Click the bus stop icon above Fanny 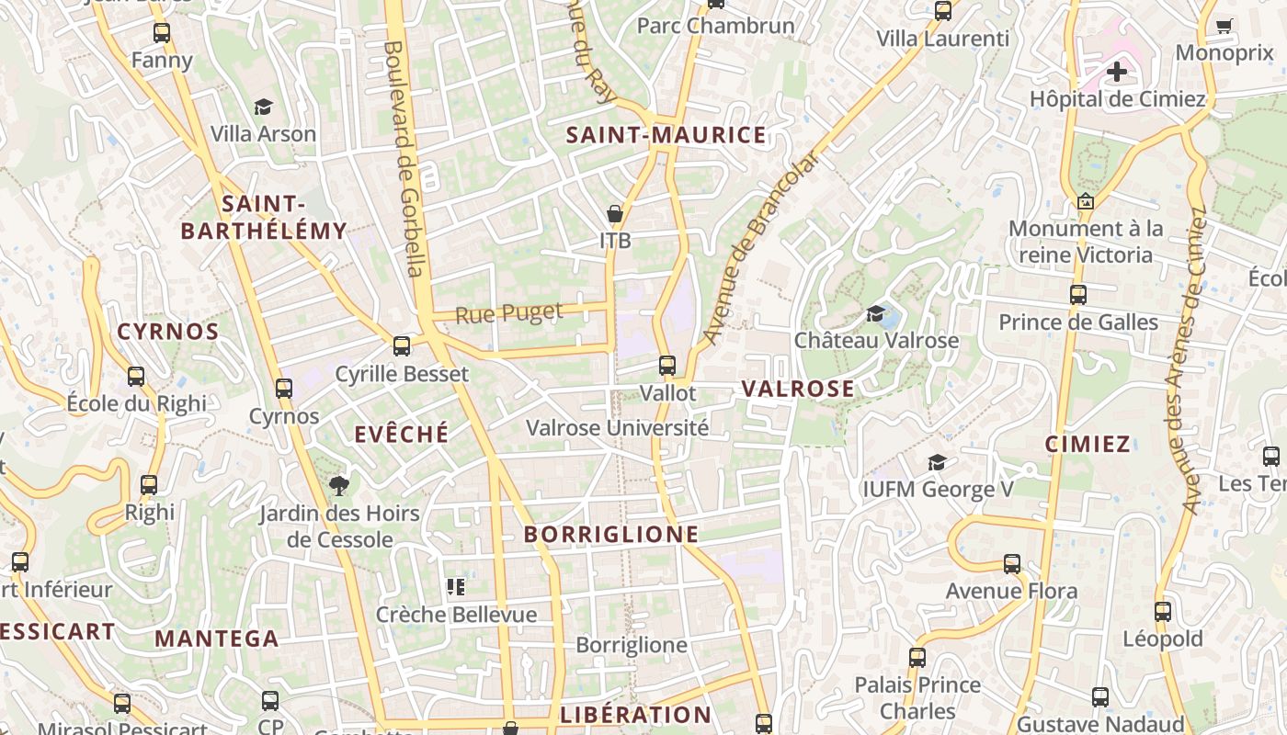click(x=162, y=33)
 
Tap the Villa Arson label click(x=263, y=133)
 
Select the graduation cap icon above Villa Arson click(x=264, y=107)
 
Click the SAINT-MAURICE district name click(x=666, y=136)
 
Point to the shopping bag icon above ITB click(x=615, y=214)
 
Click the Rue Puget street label click(x=509, y=313)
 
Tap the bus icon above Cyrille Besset click(x=402, y=346)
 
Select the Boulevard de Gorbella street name click(x=404, y=157)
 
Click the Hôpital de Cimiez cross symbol click(x=1117, y=71)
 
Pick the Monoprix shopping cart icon click(x=1224, y=26)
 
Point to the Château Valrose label click(x=876, y=340)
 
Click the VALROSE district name click(x=798, y=389)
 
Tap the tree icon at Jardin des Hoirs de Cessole click(x=339, y=485)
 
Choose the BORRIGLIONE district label click(x=611, y=534)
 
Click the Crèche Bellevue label click(x=456, y=614)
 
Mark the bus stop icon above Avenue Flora click(x=1012, y=563)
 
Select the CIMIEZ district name click(x=1088, y=445)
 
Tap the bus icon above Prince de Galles click(x=1078, y=295)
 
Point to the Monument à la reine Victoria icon click(x=1086, y=201)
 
